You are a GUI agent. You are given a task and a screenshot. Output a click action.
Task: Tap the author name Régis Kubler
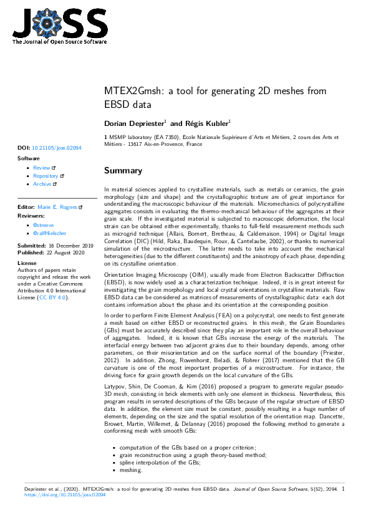point(209,123)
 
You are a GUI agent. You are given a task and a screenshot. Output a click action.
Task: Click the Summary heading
point(123,170)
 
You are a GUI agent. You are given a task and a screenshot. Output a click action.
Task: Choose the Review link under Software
point(42,168)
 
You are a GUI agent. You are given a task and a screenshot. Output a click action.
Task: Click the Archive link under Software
point(43,184)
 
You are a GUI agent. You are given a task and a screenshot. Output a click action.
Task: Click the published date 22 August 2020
point(64,253)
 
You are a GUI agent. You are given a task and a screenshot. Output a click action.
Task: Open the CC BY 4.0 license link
point(52,297)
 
